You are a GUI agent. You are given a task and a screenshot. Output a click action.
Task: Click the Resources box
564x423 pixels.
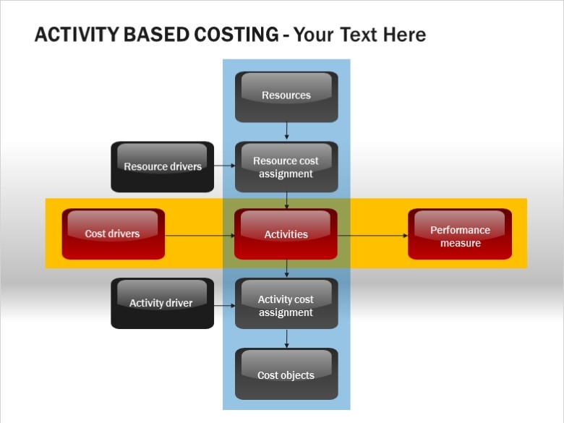[x=286, y=97]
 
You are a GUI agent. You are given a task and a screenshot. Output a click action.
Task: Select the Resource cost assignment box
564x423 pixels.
[x=286, y=166]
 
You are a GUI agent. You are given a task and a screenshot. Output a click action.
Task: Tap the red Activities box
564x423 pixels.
[x=286, y=234]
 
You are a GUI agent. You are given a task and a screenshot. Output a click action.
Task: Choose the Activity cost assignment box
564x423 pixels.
[x=286, y=303]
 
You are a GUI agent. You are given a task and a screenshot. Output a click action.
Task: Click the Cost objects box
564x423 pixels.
[x=286, y=374]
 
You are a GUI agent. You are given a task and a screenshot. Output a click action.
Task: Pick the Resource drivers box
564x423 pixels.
[x=162, y=166]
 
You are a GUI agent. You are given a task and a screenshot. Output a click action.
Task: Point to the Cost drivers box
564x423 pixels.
[x=114, y=234]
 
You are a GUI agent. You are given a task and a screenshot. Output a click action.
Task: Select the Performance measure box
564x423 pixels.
[x=460, y=234]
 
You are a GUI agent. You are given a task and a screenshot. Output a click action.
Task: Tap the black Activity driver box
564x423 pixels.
[x=162, y=303]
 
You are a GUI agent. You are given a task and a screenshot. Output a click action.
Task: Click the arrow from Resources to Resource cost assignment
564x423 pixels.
[x=286, y=131]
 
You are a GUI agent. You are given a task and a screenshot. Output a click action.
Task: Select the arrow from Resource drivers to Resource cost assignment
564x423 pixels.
[x=224, y=166]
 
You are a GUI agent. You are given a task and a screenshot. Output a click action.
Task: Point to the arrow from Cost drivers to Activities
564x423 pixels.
[x=200, y=236]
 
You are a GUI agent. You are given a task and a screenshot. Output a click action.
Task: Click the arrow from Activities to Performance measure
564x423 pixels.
[x=372, y=236]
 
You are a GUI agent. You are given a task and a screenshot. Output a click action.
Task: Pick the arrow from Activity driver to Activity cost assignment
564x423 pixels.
[x=224, y=306]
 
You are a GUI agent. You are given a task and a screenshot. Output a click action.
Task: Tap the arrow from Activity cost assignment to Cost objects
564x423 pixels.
[x=286, y=338]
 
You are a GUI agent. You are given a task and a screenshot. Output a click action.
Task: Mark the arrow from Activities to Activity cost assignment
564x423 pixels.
[x=286, y=268]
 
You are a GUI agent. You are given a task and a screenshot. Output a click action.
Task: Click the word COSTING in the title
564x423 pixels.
[x=236, y=35]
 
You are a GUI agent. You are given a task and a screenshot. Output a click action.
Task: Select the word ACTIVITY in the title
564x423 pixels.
[x=76, y=35]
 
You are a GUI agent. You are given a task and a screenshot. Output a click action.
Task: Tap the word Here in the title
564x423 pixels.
[x=404, y=35]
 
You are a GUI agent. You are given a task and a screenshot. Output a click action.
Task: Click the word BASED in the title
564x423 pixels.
[x=156, y=35]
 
